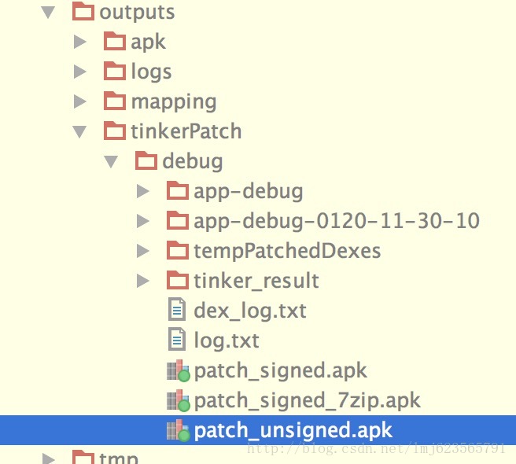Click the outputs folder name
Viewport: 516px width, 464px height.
point(137,13)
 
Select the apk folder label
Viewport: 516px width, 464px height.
point(149,42)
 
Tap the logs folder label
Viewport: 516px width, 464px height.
point(151,72)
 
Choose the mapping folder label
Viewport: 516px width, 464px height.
point(174,101)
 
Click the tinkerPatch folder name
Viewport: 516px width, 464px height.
point(186,131)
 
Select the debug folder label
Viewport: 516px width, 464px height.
point(192,161)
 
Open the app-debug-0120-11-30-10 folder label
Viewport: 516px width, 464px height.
point(337,221)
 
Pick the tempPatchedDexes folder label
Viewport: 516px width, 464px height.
point(287,251)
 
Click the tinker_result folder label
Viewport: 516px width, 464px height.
point(256,281)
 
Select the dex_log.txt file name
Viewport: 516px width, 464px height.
point(250,311)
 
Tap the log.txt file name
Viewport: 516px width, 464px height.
point(227,341)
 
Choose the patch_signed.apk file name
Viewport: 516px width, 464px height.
point(281,370)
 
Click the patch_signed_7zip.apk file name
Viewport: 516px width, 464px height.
point(308,400)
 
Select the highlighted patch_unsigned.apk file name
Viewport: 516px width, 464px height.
point(293,430)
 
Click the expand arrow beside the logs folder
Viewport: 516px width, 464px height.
point(79,72)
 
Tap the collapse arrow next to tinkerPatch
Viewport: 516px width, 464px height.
point(79,131)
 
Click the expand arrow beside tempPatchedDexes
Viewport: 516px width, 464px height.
point(142,251)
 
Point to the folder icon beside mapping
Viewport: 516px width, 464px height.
point(115,101)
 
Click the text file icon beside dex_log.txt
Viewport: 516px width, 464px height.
point(178,311)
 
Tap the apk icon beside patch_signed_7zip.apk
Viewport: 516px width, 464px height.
point(179,401)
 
